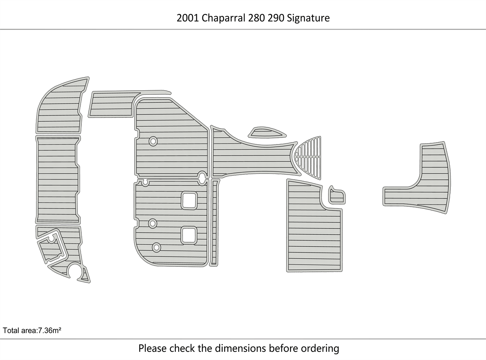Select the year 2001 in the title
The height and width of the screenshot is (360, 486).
pos(188,18)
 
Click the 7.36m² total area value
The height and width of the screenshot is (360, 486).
pos(50,330)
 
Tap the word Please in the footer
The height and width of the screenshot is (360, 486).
pos(153,348)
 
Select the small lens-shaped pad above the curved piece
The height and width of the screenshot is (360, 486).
pos(267,132)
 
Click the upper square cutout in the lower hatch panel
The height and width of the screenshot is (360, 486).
pos(189,201)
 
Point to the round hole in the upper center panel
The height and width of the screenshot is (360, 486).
pos(153,141)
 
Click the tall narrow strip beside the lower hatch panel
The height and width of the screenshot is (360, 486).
pos(215,222)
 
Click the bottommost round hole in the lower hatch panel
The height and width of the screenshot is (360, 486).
pos(156,247)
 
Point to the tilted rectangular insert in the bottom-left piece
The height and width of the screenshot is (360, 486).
pos(53,247)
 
